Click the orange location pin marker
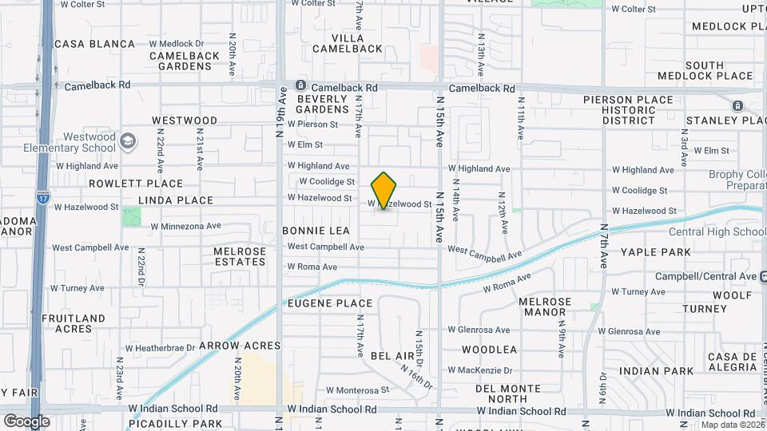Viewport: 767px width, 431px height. (384, 191)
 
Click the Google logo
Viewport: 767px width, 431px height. (26, 421)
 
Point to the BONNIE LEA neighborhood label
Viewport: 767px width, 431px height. (316, 231)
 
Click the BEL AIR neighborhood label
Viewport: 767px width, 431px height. (393, 354)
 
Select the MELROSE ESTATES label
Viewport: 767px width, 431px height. (240, 256)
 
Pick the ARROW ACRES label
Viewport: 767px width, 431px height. (240, 346)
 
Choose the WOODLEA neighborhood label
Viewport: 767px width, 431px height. (490, 350)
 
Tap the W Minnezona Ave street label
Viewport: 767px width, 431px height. (185, 226)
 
